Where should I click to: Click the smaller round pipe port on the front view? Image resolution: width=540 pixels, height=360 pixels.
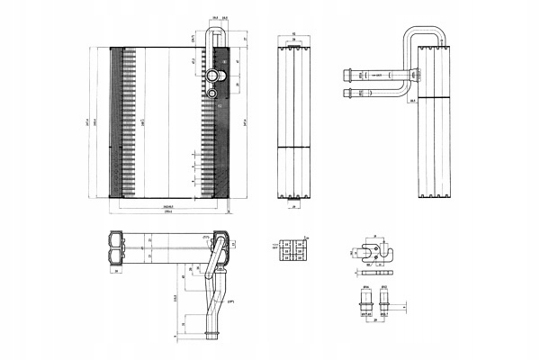(x=212, y=91)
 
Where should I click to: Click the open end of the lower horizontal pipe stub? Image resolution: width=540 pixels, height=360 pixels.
(x=343, y=90)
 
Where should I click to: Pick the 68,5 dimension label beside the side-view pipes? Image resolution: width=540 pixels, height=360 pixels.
(x=410, y=102)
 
